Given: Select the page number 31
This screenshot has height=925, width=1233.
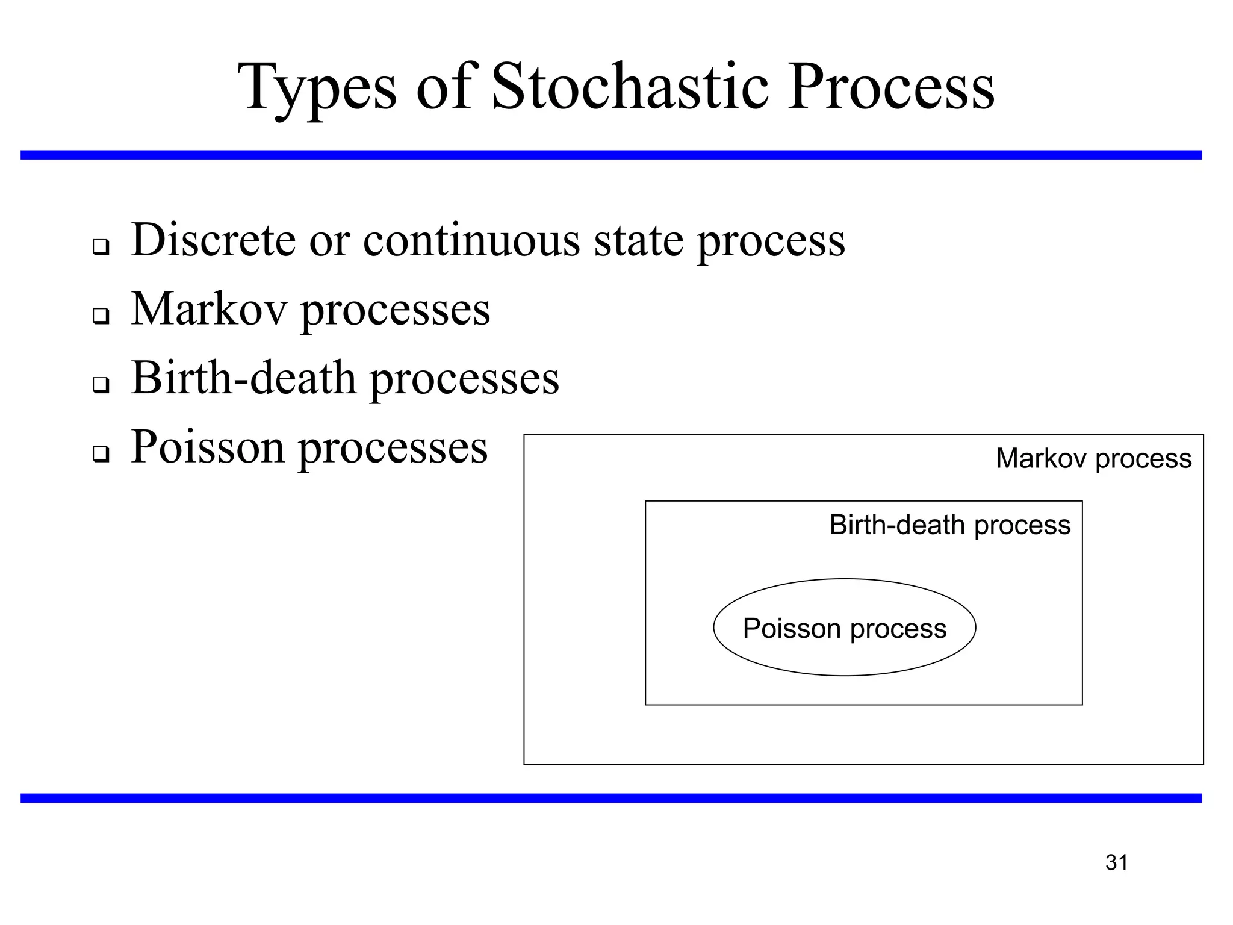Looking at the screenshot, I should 1116,862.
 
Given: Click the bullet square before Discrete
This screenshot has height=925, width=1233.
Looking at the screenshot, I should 101,247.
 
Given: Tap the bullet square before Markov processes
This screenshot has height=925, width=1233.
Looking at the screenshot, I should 101,316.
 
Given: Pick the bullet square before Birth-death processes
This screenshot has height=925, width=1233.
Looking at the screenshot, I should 101,385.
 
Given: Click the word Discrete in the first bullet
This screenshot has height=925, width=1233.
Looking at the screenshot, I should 214,240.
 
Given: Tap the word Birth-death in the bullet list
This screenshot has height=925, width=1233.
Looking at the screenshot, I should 244,378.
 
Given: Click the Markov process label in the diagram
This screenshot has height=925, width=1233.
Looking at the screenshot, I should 1093,459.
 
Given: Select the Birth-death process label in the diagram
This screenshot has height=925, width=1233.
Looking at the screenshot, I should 949,525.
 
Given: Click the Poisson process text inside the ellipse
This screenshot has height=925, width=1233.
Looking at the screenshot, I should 844,629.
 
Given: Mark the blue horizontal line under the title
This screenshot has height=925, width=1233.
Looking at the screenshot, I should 611,155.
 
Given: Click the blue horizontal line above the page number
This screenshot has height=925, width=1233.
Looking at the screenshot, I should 611,798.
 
